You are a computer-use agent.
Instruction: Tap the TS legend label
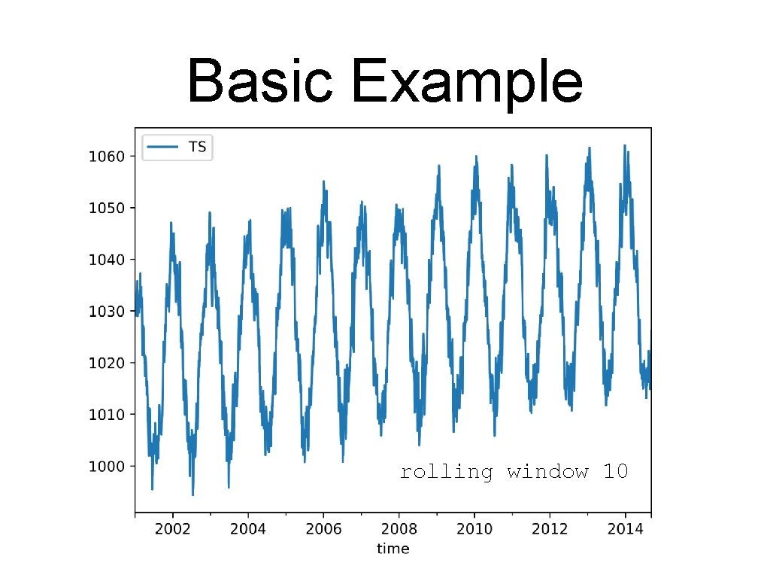pyautogui.click(x=197, y=148)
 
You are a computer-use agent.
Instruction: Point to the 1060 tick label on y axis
pyautogui.click(x=103, y=157)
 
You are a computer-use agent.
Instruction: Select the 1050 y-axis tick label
pyautogui.click(x=103, y=208)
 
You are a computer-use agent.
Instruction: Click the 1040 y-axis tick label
pyautogui.click(x=103, y=260)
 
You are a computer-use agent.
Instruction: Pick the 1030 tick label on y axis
pyautogui.click(x=103, y=311)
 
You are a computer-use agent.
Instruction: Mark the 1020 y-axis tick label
pyautogui.click(x=103, y=363)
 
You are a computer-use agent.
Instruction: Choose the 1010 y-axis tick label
pyautogui.click(x=103, y=414)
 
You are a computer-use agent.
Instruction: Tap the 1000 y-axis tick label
pyautogui.click(x=103, y=466)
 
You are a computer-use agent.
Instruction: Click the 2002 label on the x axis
pyautogui.click(x=172, y=529)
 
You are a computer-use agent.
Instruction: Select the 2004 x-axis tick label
pyautogui.click(x=248, y=529)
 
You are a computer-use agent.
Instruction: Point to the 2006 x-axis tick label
pyautogui.click(x=323, y=529)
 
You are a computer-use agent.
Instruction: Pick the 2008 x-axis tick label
pyautogui.click(x=399, y=529)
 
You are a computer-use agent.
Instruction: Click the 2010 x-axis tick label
pyautogui.click(x=474, y=529)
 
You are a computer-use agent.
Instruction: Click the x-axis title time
pyautogui.click(x=393, y=549)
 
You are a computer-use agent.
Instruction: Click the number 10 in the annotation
pyautogui.click(x=615, y=472)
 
